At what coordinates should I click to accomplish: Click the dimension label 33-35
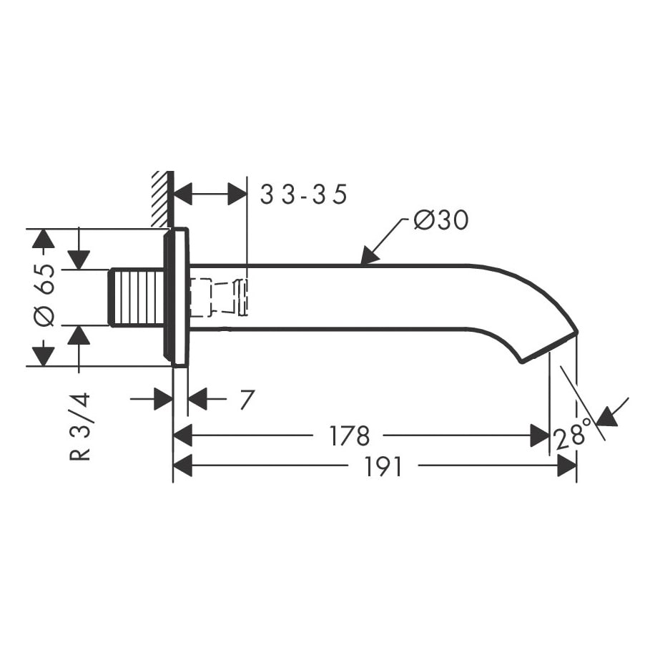(x=303, y=194)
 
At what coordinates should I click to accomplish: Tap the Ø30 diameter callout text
(x=441, y=220)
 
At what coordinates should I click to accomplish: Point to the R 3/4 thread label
(x=80, y=426)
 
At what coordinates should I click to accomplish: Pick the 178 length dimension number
(x=350, y=435)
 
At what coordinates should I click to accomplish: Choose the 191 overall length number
(x=383, y=467)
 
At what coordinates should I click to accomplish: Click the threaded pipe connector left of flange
(x=136, y=297)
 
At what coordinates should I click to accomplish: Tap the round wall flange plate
(x=176, y=297)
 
